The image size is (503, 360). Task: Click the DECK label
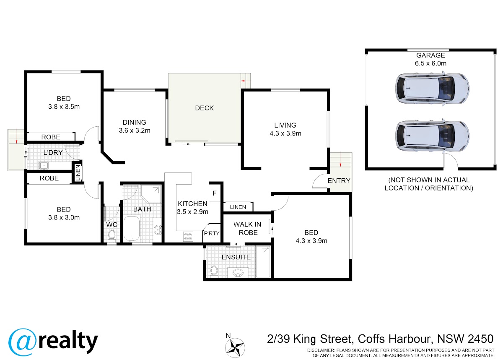click(x=204, y=108)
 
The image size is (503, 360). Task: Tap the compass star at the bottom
click(x=235, y=348)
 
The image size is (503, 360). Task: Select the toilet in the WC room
click(x=111, y=236)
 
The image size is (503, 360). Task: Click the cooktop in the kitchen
click(x=188, y=236)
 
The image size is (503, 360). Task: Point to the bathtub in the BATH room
click(x=132, y=229)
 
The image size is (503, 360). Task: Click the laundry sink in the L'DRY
click(x=44, y=165)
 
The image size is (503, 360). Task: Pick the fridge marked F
click(x=215, y=193)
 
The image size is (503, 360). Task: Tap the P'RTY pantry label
click(x=212, y=233)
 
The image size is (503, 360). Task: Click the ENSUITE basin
click(x=238, y=273)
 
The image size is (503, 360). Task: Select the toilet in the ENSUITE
click(x=214, y=271)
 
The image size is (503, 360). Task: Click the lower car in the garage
click(x=432, y=136)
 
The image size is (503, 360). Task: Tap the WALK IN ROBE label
click(x=247, y=228)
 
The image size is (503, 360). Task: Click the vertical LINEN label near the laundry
click(x=78, y=173)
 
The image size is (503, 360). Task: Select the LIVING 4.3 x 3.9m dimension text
click(x=285, y=133)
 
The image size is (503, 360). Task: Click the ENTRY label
click(x=339, y=180)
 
